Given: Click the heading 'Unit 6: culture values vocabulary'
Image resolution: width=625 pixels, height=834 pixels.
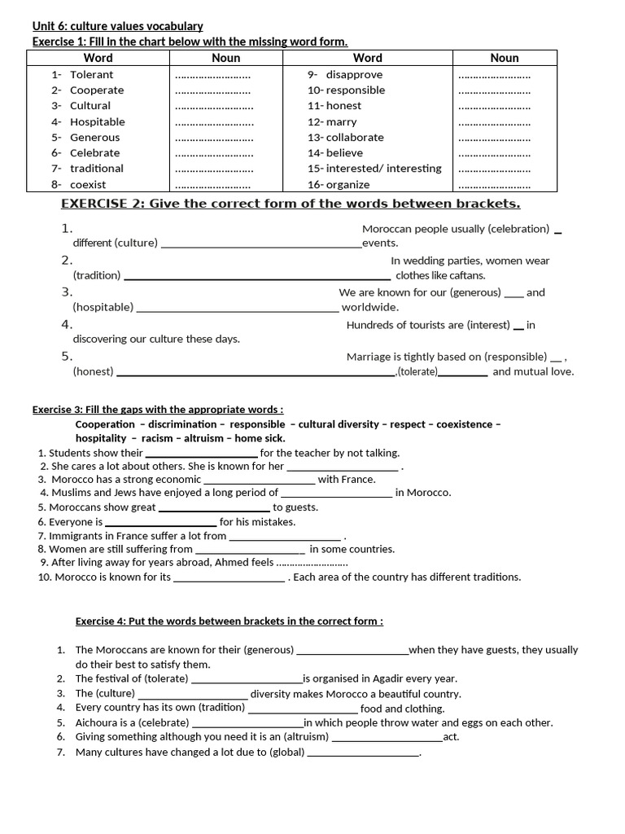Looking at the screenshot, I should pos(117,26).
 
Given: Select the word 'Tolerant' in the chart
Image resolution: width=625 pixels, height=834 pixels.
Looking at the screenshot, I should pos(91,74).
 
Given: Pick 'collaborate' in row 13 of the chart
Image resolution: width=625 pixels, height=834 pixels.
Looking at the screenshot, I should pos(355,137).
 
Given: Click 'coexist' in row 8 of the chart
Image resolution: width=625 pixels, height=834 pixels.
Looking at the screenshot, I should pos(88,184).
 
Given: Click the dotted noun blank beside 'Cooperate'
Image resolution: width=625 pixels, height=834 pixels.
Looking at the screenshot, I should pos(213,90).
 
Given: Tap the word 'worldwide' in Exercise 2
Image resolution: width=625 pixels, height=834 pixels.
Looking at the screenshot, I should pos(369,307).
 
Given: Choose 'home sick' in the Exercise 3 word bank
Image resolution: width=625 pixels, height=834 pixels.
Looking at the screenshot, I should pos(260,438).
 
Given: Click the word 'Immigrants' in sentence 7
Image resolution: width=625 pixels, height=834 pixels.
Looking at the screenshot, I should pos(75,536).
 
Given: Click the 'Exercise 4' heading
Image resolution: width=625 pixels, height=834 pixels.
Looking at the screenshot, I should pos(229,621).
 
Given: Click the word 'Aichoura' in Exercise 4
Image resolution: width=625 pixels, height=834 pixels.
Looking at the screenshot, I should pos(97,722).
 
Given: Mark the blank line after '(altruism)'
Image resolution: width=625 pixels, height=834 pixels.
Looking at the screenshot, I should pos(387,738).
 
